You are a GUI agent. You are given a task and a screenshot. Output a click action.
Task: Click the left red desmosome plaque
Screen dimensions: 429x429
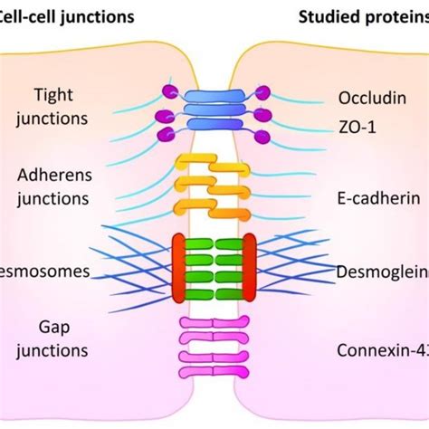click(178, 268)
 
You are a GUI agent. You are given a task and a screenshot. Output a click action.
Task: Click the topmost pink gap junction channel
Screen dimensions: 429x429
click(214, 322)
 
